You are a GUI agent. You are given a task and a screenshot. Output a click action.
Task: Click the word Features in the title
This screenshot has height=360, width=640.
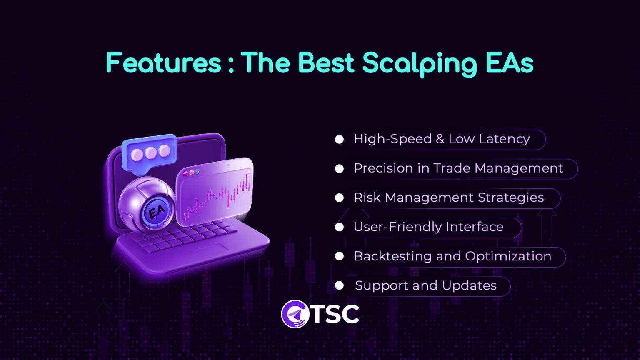[x=163, y=63]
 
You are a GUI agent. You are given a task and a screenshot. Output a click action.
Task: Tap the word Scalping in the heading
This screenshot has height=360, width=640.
[x=420, y=64]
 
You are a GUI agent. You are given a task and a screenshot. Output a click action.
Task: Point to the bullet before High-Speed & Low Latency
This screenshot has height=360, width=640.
[x=339, y=139]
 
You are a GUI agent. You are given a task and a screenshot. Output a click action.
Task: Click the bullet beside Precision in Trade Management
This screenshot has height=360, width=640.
[x=339, y=168]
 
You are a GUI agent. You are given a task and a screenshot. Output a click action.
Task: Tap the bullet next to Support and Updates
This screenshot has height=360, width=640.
[x=339, y=285]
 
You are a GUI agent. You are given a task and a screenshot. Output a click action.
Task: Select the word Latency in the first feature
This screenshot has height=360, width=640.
[x=504, y=139]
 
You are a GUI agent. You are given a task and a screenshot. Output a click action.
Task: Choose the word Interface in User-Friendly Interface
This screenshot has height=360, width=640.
[x=475, y=227]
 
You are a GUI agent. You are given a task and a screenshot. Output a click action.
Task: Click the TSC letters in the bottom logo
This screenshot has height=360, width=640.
[x=336, y=314]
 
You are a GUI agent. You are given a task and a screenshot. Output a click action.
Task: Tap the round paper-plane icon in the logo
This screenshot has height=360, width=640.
[x=295, y=314]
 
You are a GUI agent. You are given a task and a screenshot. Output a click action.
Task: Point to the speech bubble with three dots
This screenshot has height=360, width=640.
[x=150, y=153]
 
